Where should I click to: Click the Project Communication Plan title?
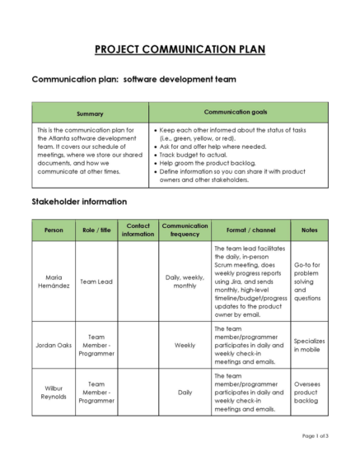point(180,49)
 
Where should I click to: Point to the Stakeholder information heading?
point(79,201)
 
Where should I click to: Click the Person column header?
point(54,230)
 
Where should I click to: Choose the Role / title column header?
point(96,230)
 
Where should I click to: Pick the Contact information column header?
point(138,230)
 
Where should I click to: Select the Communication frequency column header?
point(185,230)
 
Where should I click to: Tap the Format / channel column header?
point(250,230)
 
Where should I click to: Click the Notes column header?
point(309,230)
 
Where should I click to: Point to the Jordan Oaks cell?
point(54,345)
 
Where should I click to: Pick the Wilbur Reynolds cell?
point(54,391)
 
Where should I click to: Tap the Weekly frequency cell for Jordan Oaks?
point(185,345)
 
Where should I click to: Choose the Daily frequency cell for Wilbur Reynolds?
point(185,391)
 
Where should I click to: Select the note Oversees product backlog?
point(309,391)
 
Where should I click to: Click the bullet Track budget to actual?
point(195,155)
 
